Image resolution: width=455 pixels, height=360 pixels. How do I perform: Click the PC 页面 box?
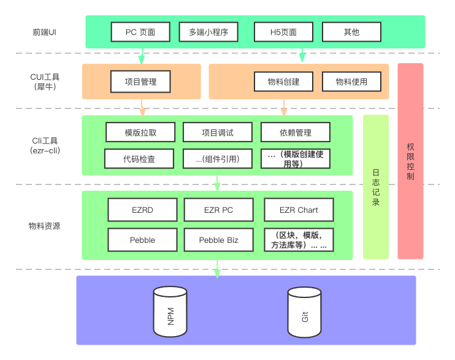(140, 32)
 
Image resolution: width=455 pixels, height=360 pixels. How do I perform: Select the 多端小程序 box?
(208, 32)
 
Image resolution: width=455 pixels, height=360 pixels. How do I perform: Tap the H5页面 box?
(283, 32)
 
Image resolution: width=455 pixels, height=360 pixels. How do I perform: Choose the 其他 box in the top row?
(351, 32)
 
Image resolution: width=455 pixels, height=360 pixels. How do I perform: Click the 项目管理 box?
(140, 82)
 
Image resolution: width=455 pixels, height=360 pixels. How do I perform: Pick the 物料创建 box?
(283, 82)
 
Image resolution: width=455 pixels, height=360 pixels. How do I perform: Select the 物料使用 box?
(351, 82)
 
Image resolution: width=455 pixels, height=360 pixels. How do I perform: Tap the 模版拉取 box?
(140, 132)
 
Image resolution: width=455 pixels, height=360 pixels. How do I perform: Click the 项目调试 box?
(217, 132)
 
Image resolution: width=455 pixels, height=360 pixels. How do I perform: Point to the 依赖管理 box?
(295, 132)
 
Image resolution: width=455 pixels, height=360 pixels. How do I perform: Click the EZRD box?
(142, 210)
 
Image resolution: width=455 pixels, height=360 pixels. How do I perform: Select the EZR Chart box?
(299, 210)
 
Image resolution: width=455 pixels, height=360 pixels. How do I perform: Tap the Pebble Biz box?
(218, 240)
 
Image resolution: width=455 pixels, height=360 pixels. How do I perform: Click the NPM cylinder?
(170, 312)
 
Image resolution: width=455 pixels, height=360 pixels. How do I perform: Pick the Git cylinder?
(305, 313)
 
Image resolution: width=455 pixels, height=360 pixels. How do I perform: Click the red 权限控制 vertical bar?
(410, 161)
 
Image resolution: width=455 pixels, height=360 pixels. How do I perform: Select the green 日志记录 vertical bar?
(376, 186)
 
